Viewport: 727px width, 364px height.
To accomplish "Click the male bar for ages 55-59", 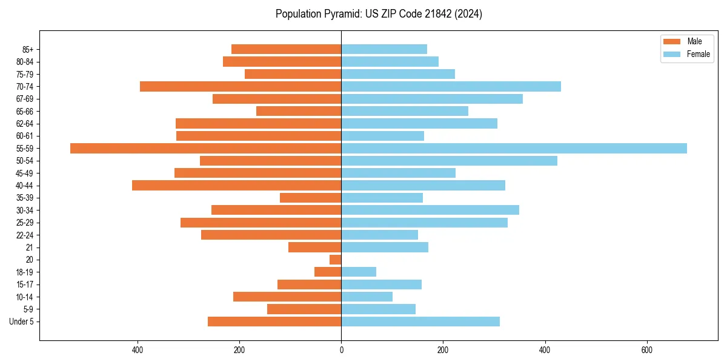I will (206, 148).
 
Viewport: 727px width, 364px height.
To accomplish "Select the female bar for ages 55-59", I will (514, 148).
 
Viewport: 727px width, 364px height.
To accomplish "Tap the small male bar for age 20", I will (336, 260).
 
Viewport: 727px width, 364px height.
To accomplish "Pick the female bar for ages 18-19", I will (359, 272).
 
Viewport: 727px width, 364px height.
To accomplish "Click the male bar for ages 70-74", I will (241, 86).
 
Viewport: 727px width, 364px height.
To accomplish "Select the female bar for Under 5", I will (420, 322).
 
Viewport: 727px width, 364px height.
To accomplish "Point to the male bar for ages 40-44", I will (236, 185).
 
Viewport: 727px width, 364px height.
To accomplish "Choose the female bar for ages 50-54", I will (449, 161).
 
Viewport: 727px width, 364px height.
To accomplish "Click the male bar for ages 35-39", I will (310, 198).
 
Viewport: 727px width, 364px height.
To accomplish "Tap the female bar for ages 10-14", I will (367, 297).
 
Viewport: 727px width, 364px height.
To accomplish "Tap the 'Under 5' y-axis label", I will (22, 322).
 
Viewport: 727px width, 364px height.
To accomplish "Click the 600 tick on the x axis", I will (646, 350).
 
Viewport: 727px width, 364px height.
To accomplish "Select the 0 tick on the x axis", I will (341, 350).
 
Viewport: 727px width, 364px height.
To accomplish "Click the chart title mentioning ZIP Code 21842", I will (379, 14).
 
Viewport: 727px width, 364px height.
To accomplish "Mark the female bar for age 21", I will (385, 247).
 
